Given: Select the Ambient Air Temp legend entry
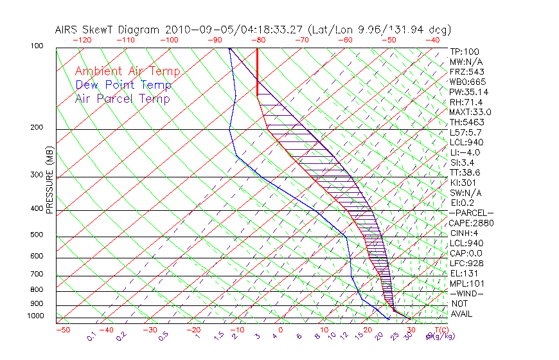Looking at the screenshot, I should click(x=127, y=72).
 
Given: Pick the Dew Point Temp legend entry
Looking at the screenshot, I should click(x=123, y=85).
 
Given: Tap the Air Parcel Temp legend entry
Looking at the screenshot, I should click(x=122, y=99).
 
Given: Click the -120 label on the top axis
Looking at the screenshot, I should click(x=81, y=40).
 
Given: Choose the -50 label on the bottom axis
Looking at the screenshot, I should click(x=62, y=330).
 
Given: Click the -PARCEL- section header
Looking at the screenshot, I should click(x=471, y=213).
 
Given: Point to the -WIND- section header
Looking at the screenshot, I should click(x=467, y=293).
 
